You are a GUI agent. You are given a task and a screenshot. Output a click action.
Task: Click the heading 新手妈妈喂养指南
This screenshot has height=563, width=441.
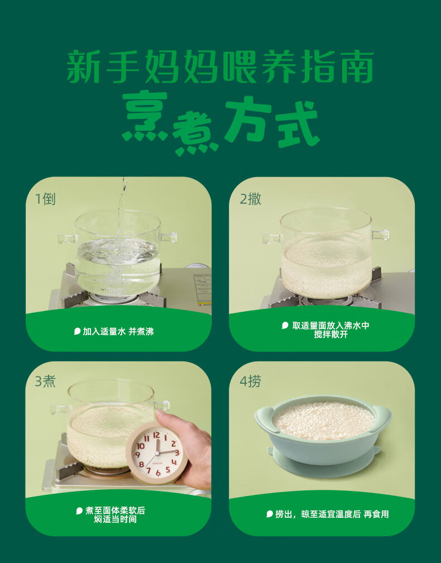[x=220, y=67]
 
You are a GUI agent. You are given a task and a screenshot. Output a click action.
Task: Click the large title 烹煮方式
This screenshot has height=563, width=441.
[x=220, y=123]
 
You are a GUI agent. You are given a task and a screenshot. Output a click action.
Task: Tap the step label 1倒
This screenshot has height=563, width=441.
[x=45, y=199]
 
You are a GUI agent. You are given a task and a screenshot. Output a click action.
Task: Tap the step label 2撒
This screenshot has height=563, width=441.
[x=250, y=199]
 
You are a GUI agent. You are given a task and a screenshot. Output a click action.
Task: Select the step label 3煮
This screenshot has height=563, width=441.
[x=45, y=381]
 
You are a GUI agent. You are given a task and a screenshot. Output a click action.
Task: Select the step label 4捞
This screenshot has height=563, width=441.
[x=250, y=381]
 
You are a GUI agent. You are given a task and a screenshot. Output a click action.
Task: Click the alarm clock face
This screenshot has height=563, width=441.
[x=156, y=452]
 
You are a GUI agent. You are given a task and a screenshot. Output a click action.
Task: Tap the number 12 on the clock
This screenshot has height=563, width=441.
[x=156, y=436]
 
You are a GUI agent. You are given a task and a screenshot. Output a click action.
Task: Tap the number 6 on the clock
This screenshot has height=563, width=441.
[x=158, y=473]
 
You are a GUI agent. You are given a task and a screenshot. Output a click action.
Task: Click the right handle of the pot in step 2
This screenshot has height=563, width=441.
[x=380, y=235]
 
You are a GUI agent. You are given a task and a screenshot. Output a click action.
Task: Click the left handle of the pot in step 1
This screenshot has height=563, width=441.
[x=68, y=238]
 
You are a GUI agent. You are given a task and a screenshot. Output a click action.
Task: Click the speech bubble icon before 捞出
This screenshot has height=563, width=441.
[x=270, y=514]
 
